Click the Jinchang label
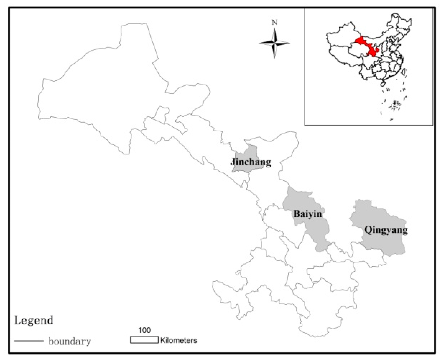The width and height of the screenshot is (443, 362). (x=251, y=162)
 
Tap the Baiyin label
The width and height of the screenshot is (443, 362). (x=308, y=214)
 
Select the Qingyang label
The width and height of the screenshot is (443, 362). (x=386, y=230)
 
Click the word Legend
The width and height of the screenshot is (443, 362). (x=34, y=320)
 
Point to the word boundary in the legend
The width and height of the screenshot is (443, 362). (x=70, y=341)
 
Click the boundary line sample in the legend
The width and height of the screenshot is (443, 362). (x=29, y=341)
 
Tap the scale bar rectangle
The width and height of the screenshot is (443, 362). (x=144, y=340)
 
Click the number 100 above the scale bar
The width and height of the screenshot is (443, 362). (x=145, y=330)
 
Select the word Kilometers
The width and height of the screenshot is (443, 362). (x=178, y=340)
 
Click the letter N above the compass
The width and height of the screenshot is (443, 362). (x=275, y=23)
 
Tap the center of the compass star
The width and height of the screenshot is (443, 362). (x=275, y=43)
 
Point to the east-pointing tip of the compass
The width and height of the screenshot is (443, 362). (x=290, y=43)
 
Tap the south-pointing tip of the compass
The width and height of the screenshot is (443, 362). (x=275, y=58)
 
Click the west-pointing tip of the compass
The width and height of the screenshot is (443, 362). (x=259, y=43)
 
